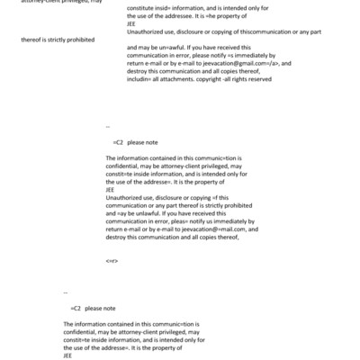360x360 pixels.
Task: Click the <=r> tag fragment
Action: [111, 261]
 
